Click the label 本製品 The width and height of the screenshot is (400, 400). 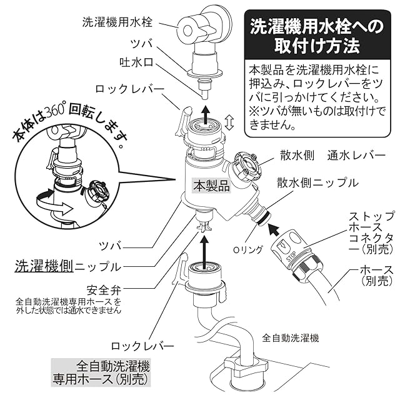211,186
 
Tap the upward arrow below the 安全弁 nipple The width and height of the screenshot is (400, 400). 204,247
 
